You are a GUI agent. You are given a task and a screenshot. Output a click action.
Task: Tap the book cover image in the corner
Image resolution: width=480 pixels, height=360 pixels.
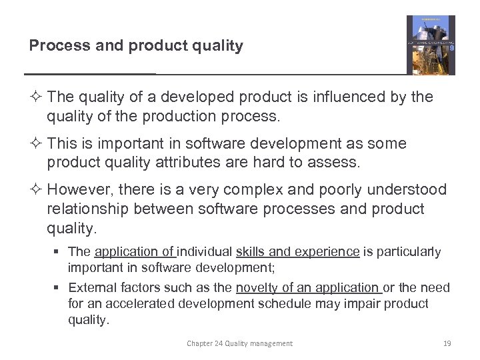431,45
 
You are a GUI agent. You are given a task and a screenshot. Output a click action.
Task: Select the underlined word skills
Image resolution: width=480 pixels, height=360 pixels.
251,252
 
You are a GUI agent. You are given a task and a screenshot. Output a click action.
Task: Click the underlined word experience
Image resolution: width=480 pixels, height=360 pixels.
327,252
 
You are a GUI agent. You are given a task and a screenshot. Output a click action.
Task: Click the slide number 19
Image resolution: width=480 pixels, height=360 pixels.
447,343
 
